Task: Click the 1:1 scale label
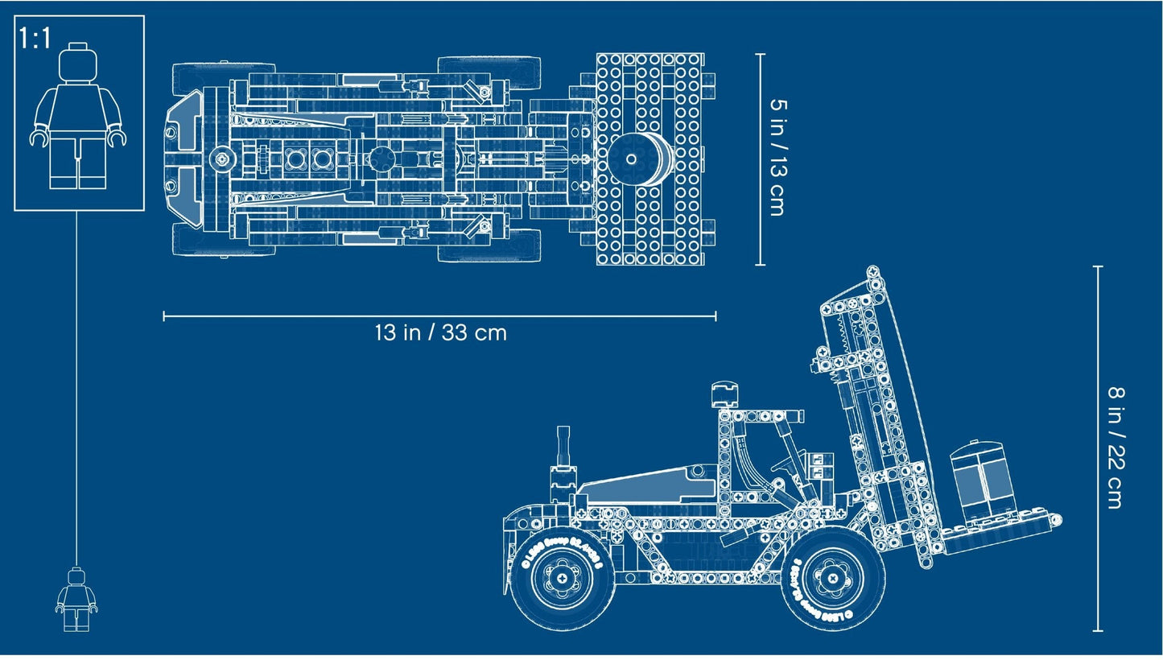35,38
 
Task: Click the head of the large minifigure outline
77,62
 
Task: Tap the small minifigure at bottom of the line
76,600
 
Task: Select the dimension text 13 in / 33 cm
439,332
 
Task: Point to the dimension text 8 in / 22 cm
1116,448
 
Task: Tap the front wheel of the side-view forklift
832,575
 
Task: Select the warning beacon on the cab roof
725,395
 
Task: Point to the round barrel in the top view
639,159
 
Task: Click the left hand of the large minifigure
38,138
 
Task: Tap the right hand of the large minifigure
119,138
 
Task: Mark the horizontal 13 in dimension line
439,316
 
